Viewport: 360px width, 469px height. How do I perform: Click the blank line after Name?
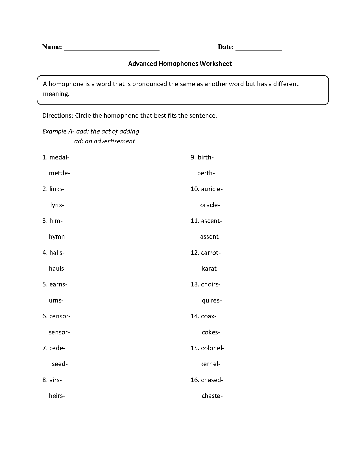point(112,49)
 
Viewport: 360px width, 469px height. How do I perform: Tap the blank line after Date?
point(258,49)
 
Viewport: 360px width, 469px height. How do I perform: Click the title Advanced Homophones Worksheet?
point(180,63)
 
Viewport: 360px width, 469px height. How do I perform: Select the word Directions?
point(57,115)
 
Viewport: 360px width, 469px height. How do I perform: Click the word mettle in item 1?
point(58,173)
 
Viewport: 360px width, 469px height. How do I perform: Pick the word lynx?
point(56,205)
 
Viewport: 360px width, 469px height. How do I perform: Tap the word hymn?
point(57,237)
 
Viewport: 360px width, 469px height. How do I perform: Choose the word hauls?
point(56,268)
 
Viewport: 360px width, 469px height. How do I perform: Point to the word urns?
point(55,300)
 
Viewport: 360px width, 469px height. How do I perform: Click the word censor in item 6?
point(59,316)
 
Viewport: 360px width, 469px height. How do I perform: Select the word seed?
point(59,364)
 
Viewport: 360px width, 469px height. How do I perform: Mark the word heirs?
point(56,396)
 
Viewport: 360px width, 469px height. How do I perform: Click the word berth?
point(205,173)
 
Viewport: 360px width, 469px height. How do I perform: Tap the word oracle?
point(209,205)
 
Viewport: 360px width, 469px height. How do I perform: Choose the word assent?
point(210,237)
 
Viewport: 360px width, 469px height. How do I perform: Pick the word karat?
point(209,268)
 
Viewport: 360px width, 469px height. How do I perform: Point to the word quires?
point(211,300)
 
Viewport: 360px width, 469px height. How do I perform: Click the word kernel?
point(209,364)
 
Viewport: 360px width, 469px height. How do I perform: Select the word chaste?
point(211,396)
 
